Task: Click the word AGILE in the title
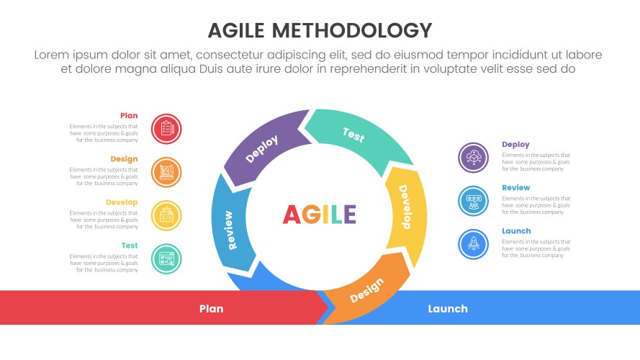click(x=236, y=31)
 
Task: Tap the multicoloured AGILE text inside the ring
click(x=319, y=215)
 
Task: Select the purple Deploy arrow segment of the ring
click(x=263, y=148)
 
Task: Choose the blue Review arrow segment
click(x=230, y=225)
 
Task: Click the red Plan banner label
click(x=212, y=309)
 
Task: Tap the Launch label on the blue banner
click(x=448, y=309)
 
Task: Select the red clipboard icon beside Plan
click(x=166, y=129)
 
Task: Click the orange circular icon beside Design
click(x=166, y=172)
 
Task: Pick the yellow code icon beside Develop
click(x=166, y=215)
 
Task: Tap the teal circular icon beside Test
click(x=166, y=258)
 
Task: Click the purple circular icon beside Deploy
click(x=473, y=158)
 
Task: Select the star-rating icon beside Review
click(x=473, y=201)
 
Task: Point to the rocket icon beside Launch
click(x=473, y=244)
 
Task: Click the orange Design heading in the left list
click(x=124, y=159)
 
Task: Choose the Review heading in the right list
click(x=516, y=188)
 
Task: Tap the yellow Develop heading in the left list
click(x=122, y=202)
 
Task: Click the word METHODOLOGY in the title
click(x=351, y=31)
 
